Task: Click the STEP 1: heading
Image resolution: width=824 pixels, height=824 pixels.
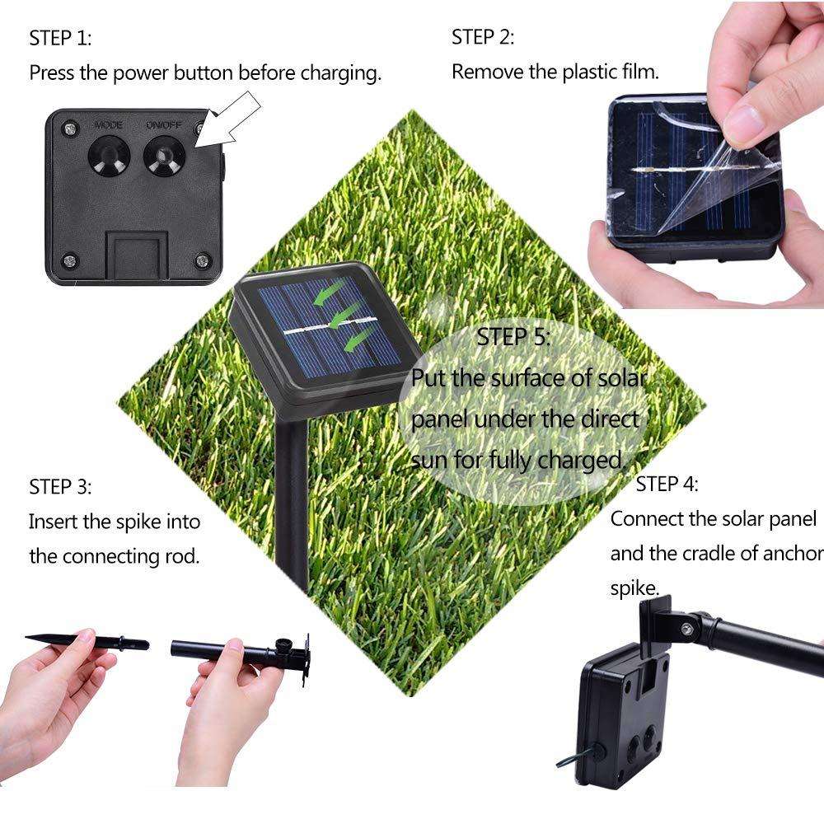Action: point(61,39)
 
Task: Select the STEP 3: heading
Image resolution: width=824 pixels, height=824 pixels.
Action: point(61,485)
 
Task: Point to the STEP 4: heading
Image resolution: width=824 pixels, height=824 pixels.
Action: point(667,484)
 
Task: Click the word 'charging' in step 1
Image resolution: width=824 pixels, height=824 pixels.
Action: point(339,73)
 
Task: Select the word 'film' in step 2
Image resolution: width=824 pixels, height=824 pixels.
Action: point(639,72)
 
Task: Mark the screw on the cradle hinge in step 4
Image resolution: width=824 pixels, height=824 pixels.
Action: point(685,629)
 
